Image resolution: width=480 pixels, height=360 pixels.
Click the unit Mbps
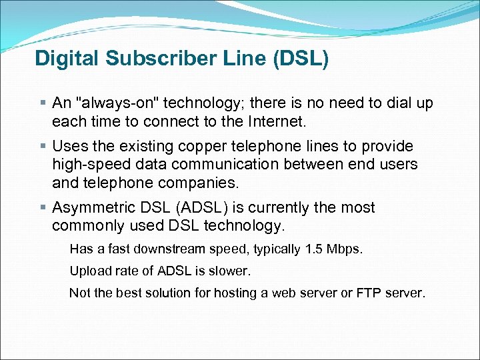pyautogui.click(x=345, y=249)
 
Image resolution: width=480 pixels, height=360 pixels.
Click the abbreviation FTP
pyautogui.click(x=369, y=293)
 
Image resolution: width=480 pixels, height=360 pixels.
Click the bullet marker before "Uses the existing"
pyautogui.click(x=43, y=146)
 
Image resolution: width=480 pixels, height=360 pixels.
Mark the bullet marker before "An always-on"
pyautogui.click(x=43, y=103)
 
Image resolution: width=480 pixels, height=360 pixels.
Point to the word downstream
pyautogui.click(x=169, y=249)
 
